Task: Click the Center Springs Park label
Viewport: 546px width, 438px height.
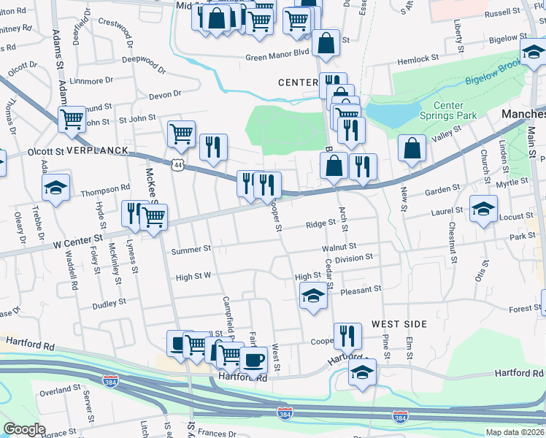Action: click(x=447, y=110)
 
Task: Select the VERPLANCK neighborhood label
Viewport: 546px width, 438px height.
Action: click(x=97, y=150)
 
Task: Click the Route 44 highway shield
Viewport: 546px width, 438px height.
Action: click(x=177, y=165)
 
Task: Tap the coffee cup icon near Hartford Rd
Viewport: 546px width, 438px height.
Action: click(x=254, y=359)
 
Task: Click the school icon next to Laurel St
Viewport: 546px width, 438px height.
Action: click(x=482, y=209)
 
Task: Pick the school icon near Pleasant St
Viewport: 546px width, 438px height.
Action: click(x=313, y=296)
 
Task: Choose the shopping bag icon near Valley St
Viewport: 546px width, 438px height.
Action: click(x=412, y=147)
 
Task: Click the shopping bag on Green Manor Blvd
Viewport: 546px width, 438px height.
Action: click(x=326, y=42)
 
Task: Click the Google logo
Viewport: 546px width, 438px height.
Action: click(x=24, y=429)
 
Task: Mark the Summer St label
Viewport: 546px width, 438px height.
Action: click(x=191, y=250)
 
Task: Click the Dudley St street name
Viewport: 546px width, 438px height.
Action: click(x=109, y=301)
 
